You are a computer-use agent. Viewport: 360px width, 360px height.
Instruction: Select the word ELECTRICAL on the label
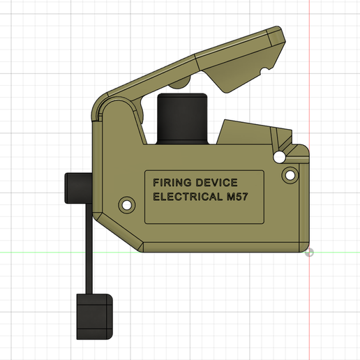click(184, 197)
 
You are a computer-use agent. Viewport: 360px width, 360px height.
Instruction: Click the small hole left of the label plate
click(126, 205)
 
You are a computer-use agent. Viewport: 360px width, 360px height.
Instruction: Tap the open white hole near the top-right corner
click(280, 155)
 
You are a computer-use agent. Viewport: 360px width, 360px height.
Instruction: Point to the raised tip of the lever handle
click(279, 38)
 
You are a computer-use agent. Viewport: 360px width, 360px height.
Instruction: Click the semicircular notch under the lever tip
click(264, 70)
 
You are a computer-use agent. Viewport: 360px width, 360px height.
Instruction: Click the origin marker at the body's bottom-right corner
click(310, 252)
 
